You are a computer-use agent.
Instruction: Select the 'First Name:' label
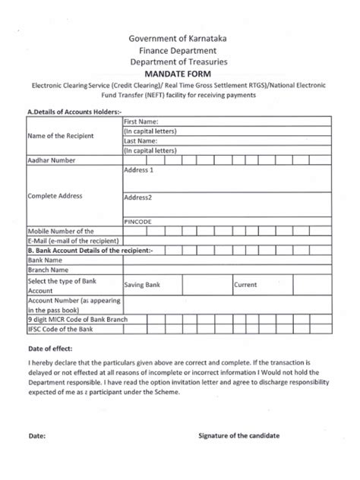tap(141, 122)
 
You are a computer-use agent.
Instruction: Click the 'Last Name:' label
tap(141, 141)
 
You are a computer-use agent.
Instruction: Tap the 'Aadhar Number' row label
tap(52, 161)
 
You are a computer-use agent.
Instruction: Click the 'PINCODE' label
tap(137, 222)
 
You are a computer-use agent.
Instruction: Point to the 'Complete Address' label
tap(54, 196)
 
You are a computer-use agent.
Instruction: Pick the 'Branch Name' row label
tap(49, 270)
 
